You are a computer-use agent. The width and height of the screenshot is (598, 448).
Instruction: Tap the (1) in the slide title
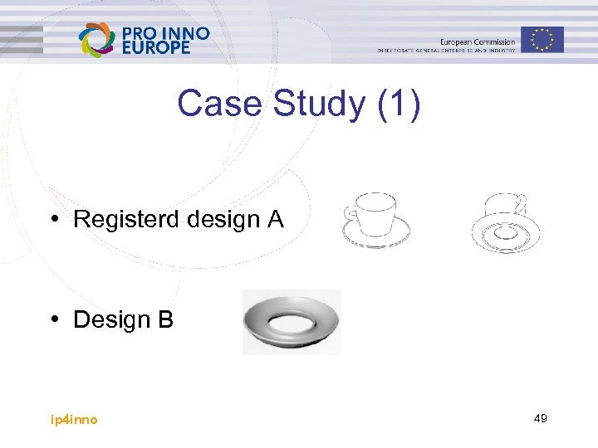[399, 105]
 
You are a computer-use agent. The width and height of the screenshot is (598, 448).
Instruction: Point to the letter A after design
[275, 220]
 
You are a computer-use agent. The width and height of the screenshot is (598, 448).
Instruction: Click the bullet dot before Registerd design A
[52, 220]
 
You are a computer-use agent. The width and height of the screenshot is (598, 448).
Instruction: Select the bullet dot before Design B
[52, 319]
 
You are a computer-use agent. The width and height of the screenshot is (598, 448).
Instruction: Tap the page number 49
[540, 419]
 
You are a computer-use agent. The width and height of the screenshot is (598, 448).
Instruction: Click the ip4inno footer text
[74, 420]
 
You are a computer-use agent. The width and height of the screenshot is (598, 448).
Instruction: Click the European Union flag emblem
[542, 39]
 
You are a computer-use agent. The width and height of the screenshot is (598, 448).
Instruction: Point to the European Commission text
[477, 41]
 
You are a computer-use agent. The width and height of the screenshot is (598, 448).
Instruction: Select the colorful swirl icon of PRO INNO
[96, 40]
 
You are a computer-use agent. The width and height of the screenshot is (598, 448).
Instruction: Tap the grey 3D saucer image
[291, 322]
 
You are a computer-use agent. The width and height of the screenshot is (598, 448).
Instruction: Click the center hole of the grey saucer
[291, 317]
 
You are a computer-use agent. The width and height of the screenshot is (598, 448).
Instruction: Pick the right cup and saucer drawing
[505, 224]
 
